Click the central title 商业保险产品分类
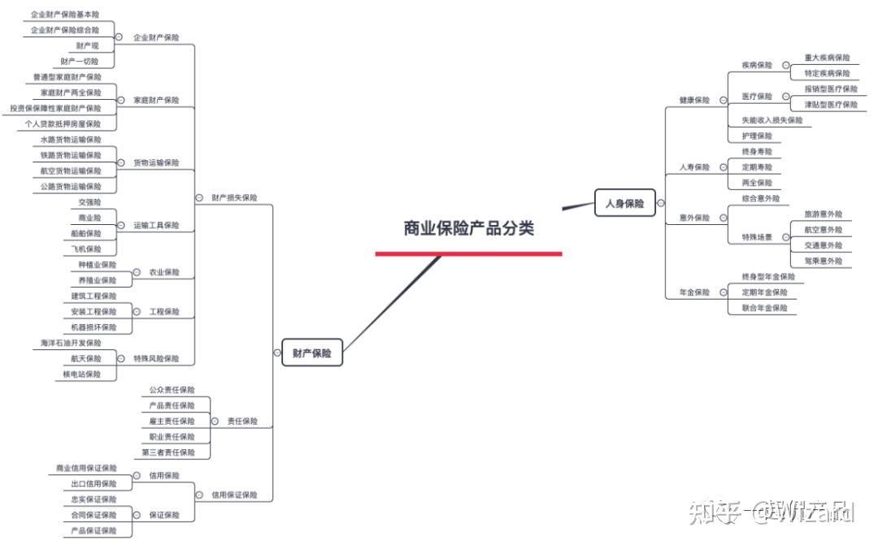point(469,228)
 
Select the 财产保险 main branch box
point(312,353)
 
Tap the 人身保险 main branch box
point(624,204)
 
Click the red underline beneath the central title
point(468,254)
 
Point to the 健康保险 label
point(694,101)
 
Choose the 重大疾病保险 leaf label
point(827,58)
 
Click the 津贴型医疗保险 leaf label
point(830,105)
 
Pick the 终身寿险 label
point(757,152)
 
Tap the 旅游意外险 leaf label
point(823,214)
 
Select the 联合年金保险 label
point(764,309)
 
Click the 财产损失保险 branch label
point(234,197)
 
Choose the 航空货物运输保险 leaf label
point(71,171)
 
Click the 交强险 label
point(90,202)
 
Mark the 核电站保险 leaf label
point(82,374)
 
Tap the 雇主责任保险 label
point(172,421)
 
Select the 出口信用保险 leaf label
point(93,484)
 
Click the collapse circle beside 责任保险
point(215,421)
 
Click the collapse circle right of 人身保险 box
point(660,204)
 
